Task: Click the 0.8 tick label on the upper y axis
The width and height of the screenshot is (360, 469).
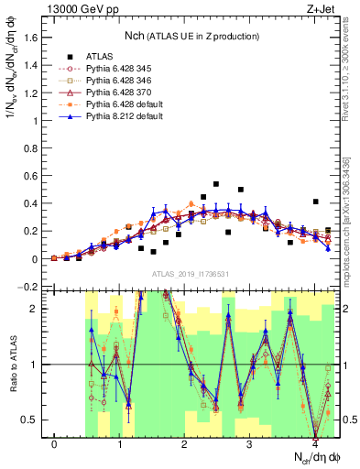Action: [32, 148]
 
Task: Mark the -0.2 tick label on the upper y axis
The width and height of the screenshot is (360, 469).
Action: [30, 287]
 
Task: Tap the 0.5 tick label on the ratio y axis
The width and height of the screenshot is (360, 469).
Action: [32, 420]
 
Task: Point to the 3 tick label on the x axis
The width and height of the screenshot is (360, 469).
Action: [249, 444]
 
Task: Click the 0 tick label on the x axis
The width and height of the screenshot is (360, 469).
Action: [55, 444]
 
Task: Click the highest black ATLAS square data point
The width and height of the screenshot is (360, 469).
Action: [216, 184]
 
